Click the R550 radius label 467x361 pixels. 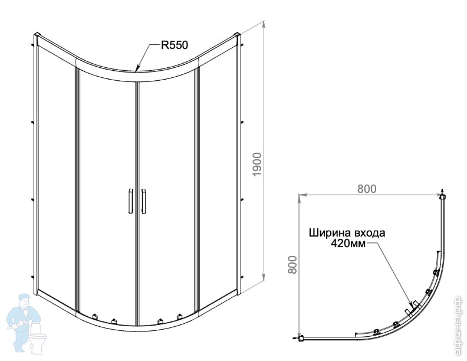click(175, 45)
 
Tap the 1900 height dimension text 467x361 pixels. click(256, 164)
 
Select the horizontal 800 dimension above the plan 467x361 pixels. click(367, 189)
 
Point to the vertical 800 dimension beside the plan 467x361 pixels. click(293, 265)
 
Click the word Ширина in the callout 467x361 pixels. click(330, 232)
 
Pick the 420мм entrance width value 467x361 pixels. click(348, 244)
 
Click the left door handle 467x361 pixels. click(130, 201)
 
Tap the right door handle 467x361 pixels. click(143, 201)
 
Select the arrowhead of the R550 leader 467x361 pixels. click(137, 69)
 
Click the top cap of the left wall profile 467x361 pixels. click(37, 34)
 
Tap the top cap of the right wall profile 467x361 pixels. click(238, 34)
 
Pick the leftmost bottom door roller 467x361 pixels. click(95, 316)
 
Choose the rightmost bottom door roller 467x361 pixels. click(179, 316)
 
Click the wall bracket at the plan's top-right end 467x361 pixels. click(443, 195)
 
